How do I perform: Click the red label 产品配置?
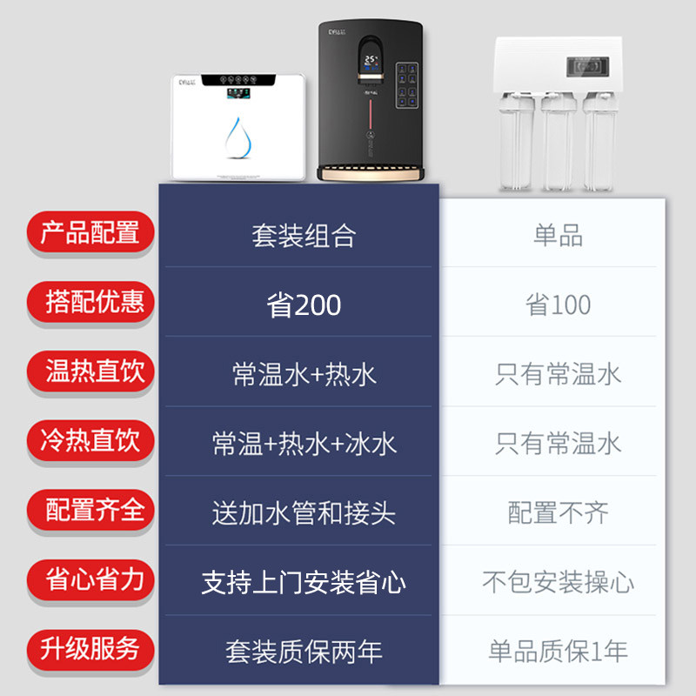pyautogui.click(x=90, y=233)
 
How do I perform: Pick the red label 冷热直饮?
pyautogui.click(x=90, y=440)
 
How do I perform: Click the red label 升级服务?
pyautogui.click(x=90, y=648)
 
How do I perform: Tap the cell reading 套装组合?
pyautogui.click(x=304, y=236)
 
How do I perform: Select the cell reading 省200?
pyautogui.click(x=304, y=305)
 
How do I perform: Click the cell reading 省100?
pyautogui.click(x=558, y=305)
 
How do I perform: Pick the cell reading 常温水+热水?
pyautogui.click(x=304, y=374)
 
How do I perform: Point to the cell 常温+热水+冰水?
pyautogui.click(x=304, y=444)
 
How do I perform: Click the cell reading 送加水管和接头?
pyautogui.click(x=304, y=513)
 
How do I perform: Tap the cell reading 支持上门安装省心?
pyautogui.click(x=304, y=582)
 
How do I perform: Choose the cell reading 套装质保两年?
pyautogui.click(x=304, y=652)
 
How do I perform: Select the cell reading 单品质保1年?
pyautogui.click(x=558, y=652)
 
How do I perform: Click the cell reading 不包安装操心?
pyautogui.click(x=558, y=582)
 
